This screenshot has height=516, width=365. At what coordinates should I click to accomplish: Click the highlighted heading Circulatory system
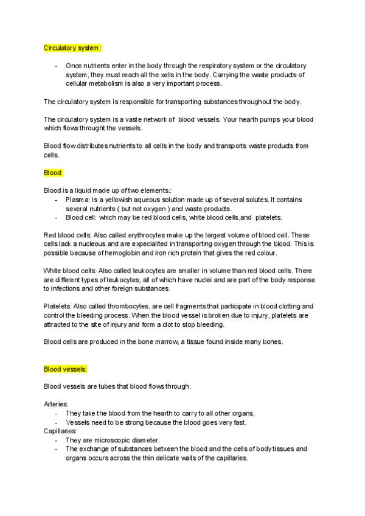point(72,47)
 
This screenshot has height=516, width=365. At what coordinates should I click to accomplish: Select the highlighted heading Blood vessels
point(66,369)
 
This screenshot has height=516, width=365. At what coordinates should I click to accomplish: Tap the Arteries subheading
point(56,404)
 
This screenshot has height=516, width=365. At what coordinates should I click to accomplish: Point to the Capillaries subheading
point(60,431)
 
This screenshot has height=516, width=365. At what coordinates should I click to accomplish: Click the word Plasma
point(77,200)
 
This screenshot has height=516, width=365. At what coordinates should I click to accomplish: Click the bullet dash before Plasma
point(56,200)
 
